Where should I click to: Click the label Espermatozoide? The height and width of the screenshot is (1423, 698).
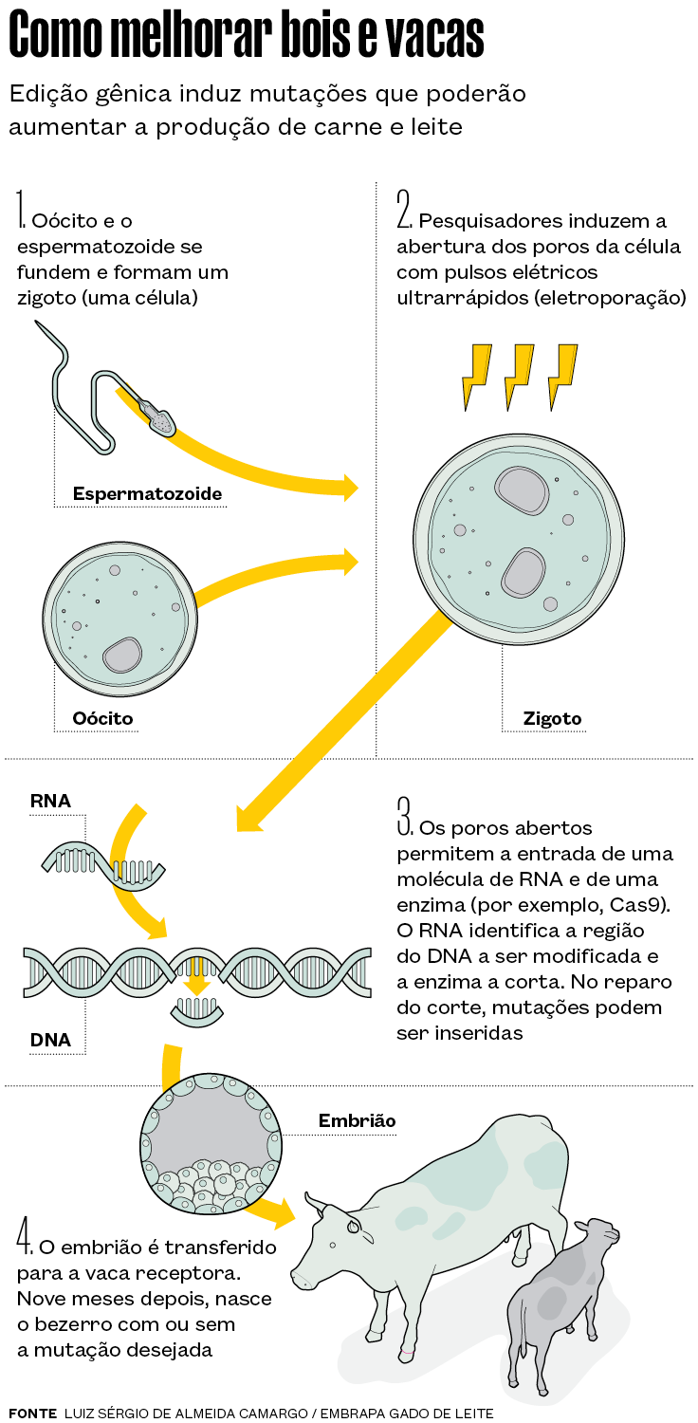[x=147, y=493]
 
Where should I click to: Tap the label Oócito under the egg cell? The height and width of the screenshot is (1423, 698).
[x=102, y=718]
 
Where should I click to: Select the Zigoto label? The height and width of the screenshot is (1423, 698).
[x=553, y=718]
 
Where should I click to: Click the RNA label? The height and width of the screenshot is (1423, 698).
[x=51, y=801]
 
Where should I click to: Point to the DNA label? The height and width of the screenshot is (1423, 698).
[x=51, y=1040]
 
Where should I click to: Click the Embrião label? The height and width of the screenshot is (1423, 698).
[x=357, y=1120]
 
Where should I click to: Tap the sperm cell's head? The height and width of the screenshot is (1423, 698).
[x=162, y=420]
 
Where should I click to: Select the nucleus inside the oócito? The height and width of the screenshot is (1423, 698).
[x=122, y=655]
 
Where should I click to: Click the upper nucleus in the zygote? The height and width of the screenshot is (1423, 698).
[x=522, y=490]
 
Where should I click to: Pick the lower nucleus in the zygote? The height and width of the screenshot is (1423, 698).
[x=523, y=572]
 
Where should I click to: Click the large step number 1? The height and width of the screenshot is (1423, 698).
[x=20, y=209]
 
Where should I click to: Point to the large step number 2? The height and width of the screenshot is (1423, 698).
[x=404, y=209]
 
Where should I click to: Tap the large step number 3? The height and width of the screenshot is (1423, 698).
[x=405, y=816]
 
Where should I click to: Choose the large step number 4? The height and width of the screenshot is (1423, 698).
[x=24, y=1235]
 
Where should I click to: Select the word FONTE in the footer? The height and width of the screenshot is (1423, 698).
[x=33, y=1413]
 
